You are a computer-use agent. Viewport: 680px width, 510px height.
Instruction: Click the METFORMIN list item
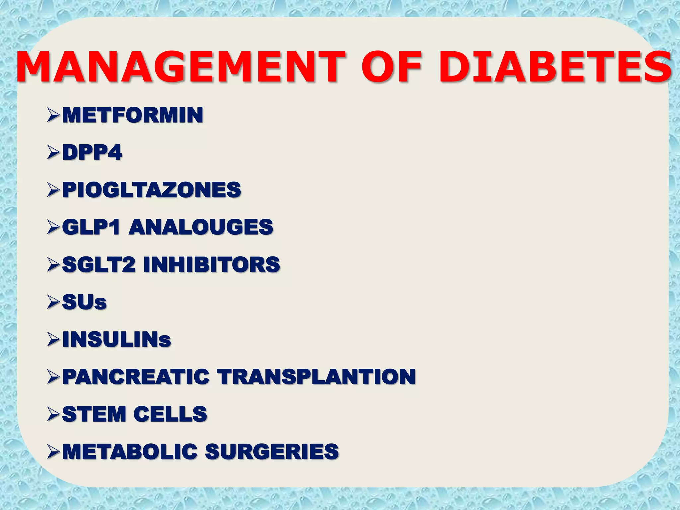pos(132,115)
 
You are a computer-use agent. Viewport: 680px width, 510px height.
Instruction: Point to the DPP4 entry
pos(92,153)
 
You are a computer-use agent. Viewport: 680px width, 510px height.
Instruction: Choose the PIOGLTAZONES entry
pos(151,190)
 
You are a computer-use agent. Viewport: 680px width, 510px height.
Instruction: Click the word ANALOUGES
pos(201,227)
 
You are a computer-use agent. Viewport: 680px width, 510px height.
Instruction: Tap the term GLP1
pos(91,227)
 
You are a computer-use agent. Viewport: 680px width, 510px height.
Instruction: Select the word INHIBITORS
pos(212,265)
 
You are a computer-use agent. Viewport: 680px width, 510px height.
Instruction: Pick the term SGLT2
pos(99,265)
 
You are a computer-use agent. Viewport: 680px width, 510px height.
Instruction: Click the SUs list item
pos(84,302)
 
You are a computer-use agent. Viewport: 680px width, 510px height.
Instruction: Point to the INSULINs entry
pos(117,340)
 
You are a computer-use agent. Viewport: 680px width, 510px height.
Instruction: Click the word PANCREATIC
pos(135,377)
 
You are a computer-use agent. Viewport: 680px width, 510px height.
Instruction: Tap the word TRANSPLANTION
pos(316,377)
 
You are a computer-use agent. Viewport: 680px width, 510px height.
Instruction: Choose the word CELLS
pos(170,414)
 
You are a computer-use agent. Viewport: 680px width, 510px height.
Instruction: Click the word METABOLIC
pos(129,452)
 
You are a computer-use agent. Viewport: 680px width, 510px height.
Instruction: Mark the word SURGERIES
pos(272,452)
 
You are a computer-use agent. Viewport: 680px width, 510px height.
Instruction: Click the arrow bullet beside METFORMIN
pos(53,115)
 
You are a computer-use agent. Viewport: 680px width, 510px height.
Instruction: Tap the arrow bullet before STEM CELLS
pos(53,414)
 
